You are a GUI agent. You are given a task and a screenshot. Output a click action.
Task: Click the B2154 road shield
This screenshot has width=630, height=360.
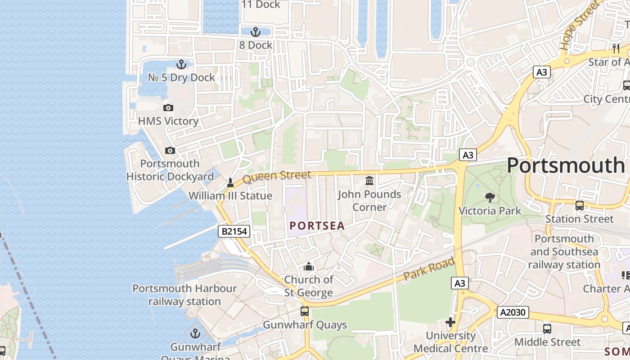click(x=234, y=231)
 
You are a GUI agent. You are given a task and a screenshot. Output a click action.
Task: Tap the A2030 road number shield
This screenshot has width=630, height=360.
click(x=513, y=312)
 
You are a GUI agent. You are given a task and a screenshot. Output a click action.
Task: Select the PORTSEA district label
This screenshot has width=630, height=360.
click(x=317, y=226)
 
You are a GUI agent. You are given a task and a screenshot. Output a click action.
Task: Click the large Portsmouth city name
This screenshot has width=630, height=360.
click(x=566, y=166)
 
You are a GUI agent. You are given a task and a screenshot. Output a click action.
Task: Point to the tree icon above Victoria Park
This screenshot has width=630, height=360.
click(x=490, y=197)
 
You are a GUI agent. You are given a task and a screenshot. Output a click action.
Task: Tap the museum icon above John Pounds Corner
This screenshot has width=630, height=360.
click(x=369, y=180)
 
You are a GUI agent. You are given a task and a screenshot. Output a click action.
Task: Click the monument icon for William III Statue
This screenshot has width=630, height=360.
click(x=230, y=182)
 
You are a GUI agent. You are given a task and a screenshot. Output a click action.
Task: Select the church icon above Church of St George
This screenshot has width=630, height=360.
click(x=308, y=266)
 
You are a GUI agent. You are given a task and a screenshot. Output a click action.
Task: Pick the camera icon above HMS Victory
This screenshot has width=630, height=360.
click(x=168, y=108)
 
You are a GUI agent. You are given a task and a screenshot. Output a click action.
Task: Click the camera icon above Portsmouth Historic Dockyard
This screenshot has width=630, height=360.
click(x=170, y=150)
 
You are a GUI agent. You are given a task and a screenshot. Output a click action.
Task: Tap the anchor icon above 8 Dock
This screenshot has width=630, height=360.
click(x=256, y=32)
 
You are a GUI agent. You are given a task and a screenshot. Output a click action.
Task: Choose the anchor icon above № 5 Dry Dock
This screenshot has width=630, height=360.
click(x=181, y=64)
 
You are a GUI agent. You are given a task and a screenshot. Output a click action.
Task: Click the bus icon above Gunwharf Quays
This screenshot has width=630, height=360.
click(x=305, y=311)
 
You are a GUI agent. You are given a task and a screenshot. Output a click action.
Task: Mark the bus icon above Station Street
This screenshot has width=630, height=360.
click(x=580, y=206)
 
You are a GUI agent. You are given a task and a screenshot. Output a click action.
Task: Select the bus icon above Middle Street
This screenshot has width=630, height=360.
click(x=547, y=329)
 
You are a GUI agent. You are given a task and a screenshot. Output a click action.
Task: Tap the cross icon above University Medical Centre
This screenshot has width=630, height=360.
click(x=450, y=322)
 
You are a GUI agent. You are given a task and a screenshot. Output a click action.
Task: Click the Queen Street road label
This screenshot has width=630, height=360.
click(x=277, y=176)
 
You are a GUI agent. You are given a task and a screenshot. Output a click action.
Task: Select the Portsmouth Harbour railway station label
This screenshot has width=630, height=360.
click(x=184, y=295)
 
